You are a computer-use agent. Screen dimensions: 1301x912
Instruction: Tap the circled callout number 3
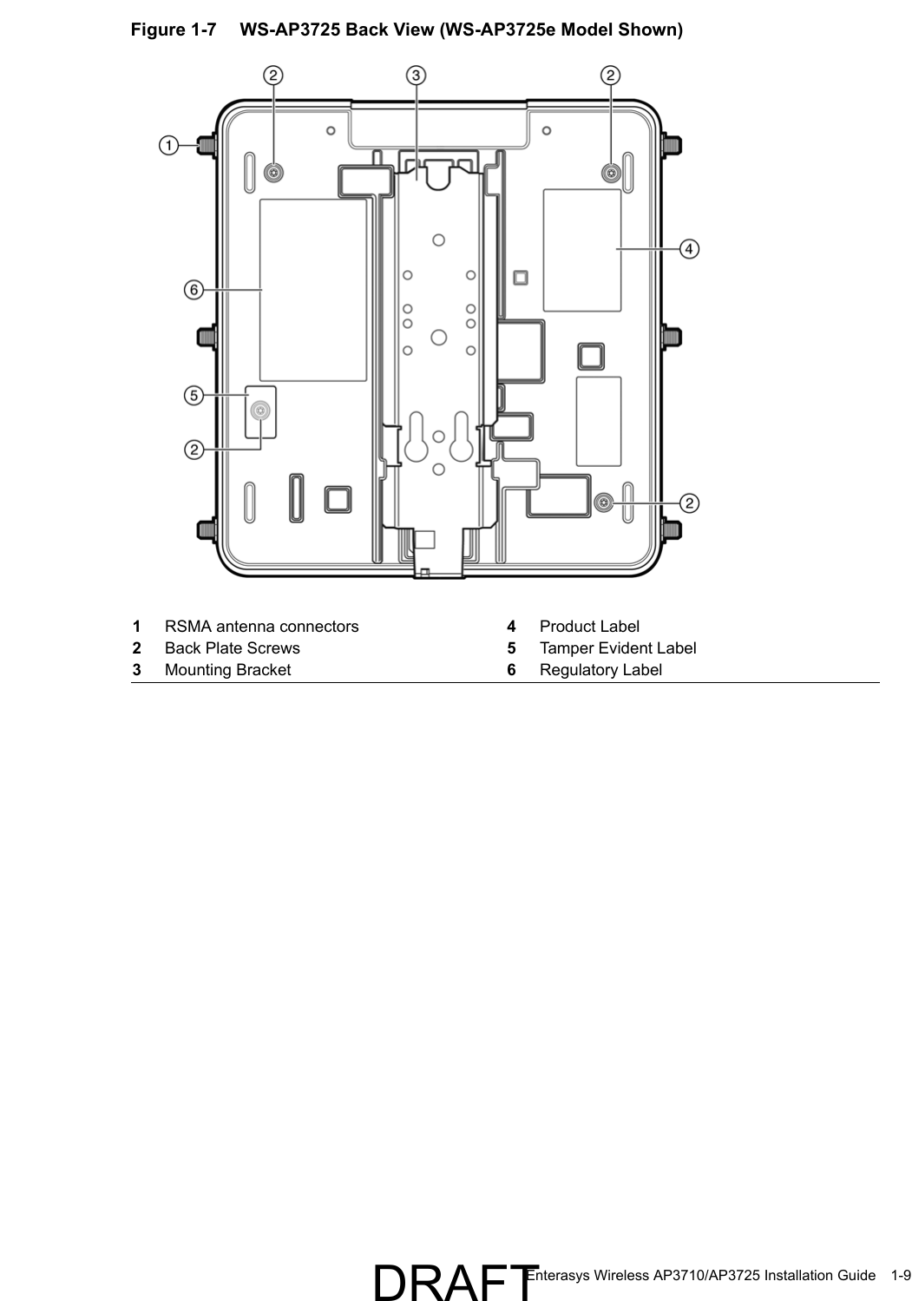coord(417,76)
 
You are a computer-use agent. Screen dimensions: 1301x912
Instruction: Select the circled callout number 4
coord(689,249)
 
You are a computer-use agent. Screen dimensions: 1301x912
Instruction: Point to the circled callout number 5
coord(193,396)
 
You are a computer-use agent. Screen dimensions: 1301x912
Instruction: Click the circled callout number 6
coord(193,289)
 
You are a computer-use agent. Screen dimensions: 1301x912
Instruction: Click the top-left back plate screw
coord(273,173)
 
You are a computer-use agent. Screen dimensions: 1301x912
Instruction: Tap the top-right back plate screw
coord(611,174)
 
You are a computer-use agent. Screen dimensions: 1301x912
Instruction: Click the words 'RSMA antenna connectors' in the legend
coord(261,627)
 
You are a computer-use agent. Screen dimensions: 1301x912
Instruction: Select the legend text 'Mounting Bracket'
coord(227,670)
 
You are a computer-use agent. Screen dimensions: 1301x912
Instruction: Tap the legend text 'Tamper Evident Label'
coord(617,648)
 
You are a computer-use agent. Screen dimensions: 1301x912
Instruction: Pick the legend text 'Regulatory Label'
coord(600,670)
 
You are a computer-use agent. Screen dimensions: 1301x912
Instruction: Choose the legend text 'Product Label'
coord(589,627)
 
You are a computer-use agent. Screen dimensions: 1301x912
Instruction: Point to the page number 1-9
coord(900,1275)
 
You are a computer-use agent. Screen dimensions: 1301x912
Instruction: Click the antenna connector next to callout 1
coord(207,145)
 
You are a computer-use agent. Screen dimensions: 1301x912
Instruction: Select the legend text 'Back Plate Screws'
coord(232,648)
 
